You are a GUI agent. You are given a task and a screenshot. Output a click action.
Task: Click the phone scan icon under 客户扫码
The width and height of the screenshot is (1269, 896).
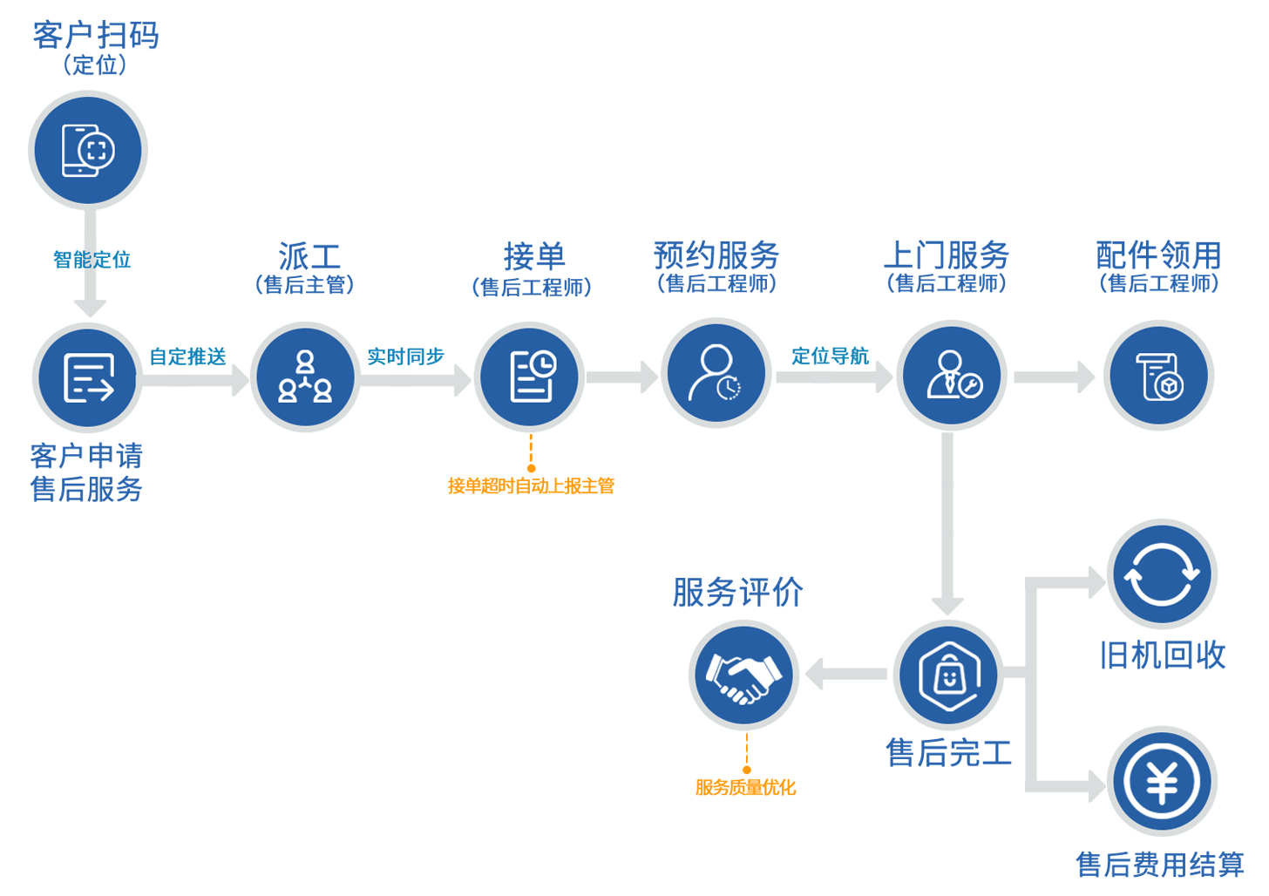(88, 150)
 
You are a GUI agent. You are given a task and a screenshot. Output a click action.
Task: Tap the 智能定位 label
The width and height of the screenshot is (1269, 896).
(92, 260)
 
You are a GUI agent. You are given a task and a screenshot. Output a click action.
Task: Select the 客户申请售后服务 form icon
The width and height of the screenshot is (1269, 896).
(88, 377)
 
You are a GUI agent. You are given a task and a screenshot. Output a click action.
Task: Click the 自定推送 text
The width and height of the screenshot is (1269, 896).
(187, 356)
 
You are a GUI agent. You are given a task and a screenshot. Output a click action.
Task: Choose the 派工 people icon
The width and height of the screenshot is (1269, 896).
(305, 377)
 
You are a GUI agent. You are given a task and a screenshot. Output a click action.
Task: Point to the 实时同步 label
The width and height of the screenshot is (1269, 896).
(405, 356)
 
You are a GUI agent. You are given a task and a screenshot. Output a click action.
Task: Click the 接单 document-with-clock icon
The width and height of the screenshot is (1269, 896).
(530, 377)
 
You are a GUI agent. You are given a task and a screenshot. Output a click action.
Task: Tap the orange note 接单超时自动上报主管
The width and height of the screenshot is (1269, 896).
(531, 486)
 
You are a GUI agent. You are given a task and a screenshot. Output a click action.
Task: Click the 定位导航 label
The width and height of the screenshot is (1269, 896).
(830, 356)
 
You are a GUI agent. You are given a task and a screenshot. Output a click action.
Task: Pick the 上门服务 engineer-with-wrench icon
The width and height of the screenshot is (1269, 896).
(952, 375)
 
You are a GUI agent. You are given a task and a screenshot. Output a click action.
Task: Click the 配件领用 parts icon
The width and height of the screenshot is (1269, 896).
(1159, 376)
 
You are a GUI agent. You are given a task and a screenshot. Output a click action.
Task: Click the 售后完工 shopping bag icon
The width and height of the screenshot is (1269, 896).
(948, 675)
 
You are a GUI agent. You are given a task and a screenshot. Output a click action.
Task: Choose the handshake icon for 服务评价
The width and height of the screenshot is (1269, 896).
(743, 676)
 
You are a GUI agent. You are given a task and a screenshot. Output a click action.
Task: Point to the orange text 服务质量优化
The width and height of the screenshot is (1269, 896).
(745, 788)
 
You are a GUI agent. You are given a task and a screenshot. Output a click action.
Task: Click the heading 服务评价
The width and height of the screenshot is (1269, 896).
(737, 593)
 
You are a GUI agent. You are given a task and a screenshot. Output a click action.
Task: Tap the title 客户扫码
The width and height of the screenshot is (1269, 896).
(96, 36)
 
